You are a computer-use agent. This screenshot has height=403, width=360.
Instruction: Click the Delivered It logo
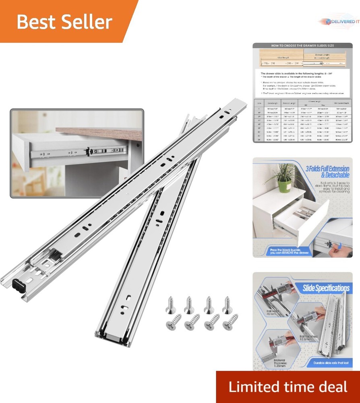pos(338,22)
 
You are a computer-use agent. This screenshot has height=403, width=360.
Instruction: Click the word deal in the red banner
pos(331,386)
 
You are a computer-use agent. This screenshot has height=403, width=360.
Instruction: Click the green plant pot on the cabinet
pos(284,186)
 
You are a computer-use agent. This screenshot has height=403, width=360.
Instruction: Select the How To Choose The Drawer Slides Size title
pos(302,46)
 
